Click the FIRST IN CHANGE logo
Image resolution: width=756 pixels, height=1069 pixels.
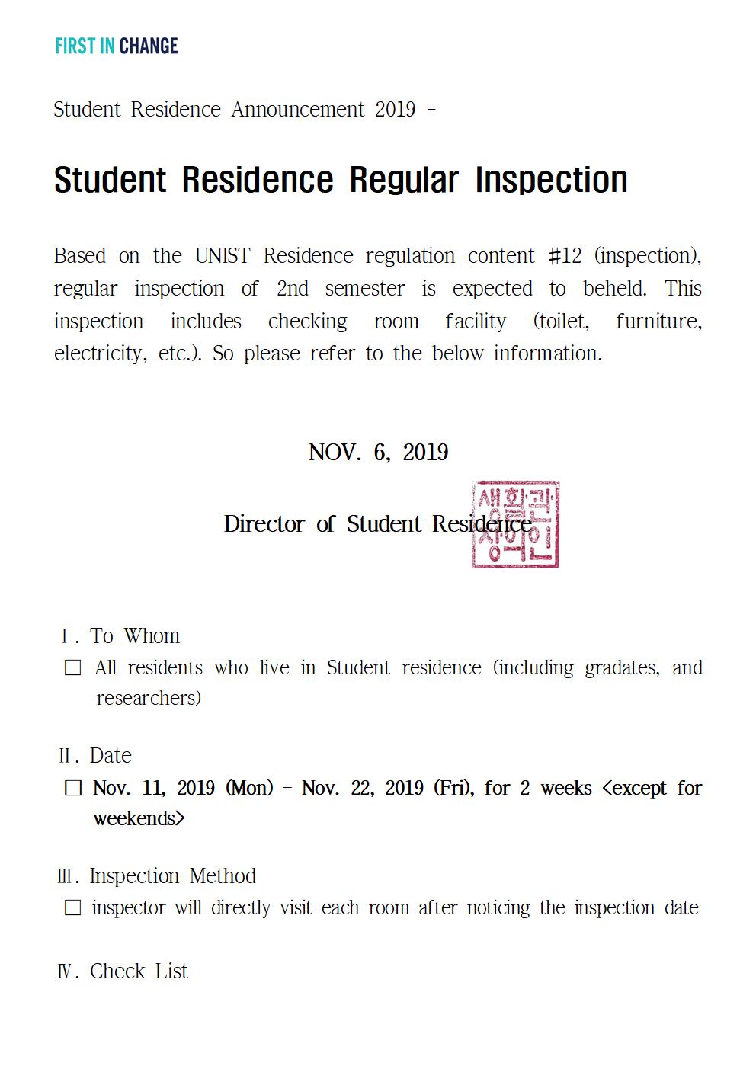pos(117,46)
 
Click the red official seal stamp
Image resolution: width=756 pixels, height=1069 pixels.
pos(515,524)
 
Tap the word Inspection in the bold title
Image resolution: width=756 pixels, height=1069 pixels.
pos(551,181)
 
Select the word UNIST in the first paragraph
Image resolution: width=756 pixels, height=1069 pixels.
pos(222,256)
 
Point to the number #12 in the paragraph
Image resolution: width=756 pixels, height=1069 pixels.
pos(565,256)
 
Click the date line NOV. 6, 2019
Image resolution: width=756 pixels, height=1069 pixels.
pos(378,453)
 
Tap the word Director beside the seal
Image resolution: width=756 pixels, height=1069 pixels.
pos(264,524)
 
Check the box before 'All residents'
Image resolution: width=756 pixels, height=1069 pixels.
pos(73,668)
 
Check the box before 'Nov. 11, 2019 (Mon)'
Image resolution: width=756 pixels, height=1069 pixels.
pos(73,789)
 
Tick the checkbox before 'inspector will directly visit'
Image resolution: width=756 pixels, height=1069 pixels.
pos(73,908)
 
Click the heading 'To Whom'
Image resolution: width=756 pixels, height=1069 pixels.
pos(135,636)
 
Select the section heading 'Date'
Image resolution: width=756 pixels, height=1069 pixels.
pos(111,756)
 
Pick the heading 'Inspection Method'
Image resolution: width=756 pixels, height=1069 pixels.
pos(172,876)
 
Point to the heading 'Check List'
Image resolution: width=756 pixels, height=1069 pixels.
pos(139,971)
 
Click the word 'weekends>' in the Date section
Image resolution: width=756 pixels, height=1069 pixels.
pos(139,819)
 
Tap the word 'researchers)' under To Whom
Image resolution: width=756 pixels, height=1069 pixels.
pos(149,699)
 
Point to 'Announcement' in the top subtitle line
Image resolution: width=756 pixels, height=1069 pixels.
pos(298,110)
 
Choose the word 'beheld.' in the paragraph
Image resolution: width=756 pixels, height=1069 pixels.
pos(614,289)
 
